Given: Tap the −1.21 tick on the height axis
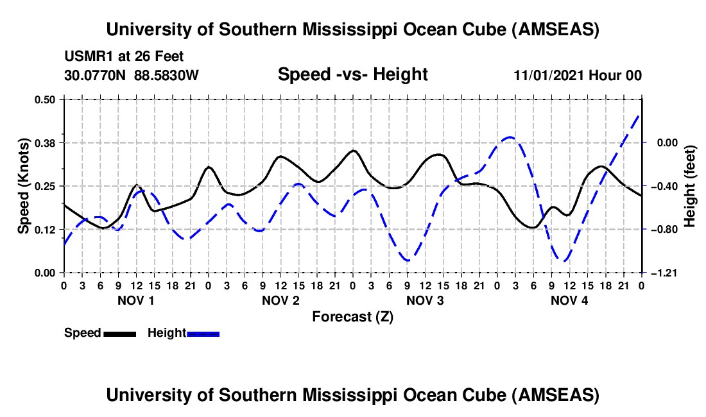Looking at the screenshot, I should [662, 273].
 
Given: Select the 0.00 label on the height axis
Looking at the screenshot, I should [662, 142].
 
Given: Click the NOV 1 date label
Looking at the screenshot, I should [135, 300].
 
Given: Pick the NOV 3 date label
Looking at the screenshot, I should [425, 300].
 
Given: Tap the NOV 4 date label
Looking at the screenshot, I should [569, 300].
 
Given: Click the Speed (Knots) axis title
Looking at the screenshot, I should [23, 186].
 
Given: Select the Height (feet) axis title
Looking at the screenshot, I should [691, 186].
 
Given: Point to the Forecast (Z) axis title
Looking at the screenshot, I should [352, 316].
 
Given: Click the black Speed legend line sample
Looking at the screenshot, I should [119, 333].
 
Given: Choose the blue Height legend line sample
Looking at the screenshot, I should [203, 333].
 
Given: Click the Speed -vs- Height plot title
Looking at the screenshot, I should [352, 74].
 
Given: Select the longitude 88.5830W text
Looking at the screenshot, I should [166, 75].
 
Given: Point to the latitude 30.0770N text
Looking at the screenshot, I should [96, 75].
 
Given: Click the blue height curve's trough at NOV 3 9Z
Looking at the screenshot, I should [408, 260].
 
